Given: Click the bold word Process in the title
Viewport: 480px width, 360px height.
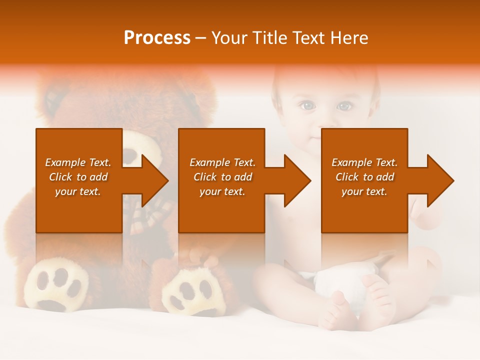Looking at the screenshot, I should tap(157, 38).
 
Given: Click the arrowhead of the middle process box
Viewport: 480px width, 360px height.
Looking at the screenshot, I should tap(296, 181).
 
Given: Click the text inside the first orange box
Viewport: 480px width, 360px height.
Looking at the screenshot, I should tap(78, 177).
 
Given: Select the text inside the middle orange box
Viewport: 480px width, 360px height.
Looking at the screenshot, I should tap(222, 177).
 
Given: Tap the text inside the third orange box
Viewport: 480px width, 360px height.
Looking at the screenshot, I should tap(364, 177).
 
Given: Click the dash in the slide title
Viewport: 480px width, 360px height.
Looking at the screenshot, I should tap(200, 38).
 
